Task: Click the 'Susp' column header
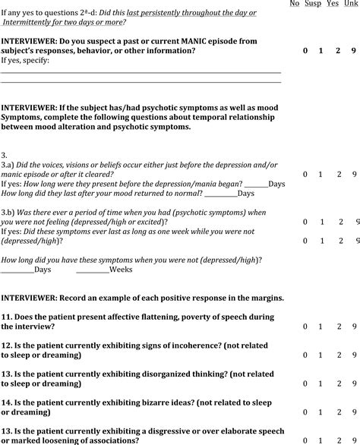(314, 4)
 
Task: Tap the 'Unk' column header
(351, 4)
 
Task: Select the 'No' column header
(294, 4)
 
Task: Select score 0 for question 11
(305, 327)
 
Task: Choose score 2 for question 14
(338, 410)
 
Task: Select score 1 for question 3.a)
(320, 174)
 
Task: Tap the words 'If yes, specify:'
(25, 60)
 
